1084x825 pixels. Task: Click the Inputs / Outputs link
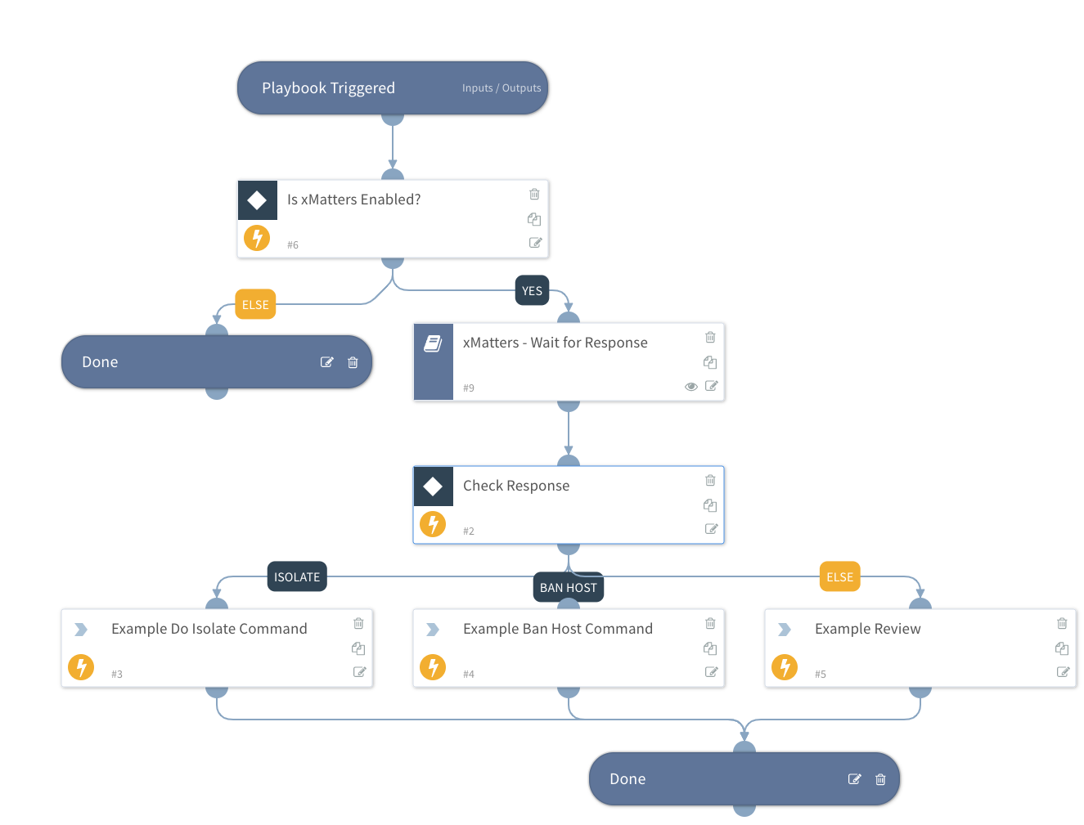tap(501, 88)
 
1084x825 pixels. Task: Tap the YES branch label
tap(532, 291)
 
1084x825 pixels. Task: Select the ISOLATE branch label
tap(297, 577)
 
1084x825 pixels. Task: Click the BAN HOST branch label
tap(568, 588)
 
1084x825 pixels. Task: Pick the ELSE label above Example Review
tap(839, 577)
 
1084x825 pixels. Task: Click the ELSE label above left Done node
tap(255, 305)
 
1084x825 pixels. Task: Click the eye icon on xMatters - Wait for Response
tap(690, 387)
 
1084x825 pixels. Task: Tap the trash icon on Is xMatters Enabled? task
tap(534, 195)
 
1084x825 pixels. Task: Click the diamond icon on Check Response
tap(433, 486)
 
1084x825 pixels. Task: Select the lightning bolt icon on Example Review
tap(785, 667)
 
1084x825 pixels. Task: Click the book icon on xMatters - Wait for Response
tap(433, 343)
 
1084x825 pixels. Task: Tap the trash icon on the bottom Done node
tap(880, 779)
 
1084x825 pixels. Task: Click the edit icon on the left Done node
tap(326, 362)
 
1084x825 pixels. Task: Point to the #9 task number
tap(469, 388)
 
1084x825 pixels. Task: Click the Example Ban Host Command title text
tap(557, 629)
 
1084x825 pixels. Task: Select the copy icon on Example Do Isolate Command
tap(358, 648)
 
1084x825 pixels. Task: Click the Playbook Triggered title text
tap(328, 88)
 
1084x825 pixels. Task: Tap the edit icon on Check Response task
tap(711, 529)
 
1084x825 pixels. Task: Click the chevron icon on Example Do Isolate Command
tap(81, 630)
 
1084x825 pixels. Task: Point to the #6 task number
tap(293, 245)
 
